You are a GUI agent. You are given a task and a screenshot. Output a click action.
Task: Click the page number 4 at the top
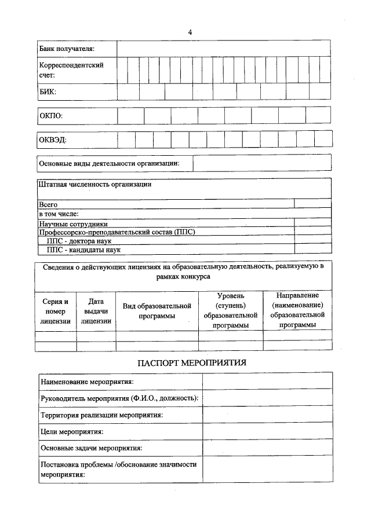[x=190, y=32]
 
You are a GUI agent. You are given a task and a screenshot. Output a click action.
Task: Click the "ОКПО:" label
[x=51, y=116]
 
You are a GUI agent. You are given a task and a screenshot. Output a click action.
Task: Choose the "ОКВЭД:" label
[x=53, y=140]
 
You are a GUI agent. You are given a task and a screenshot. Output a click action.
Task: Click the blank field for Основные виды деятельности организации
[x=262, y=163]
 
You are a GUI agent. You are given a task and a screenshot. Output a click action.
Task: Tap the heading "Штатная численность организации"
[x=95, y=185]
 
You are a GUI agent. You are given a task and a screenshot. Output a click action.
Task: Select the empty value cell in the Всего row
[x=312, y=204]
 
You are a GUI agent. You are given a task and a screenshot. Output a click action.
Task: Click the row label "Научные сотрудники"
[x=74, y=223]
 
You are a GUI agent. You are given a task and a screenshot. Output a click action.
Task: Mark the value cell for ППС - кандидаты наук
[x=312, y=250]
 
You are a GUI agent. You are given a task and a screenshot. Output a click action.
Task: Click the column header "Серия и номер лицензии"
[x=56, y=311]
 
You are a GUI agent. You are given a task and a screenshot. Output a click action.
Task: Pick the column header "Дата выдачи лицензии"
[x=96, y=311]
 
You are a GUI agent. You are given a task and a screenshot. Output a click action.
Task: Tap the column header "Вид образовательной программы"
[x=157, y=311]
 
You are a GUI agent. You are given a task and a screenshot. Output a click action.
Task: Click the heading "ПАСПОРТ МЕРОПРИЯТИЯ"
[x=192, y=363]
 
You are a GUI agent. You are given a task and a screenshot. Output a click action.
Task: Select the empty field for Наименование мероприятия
[x=267, y=381]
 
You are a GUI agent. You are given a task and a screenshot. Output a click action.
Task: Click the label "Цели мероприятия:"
[x=72, y=431]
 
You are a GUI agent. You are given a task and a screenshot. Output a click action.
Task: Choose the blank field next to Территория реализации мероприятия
[x=267, y=415]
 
